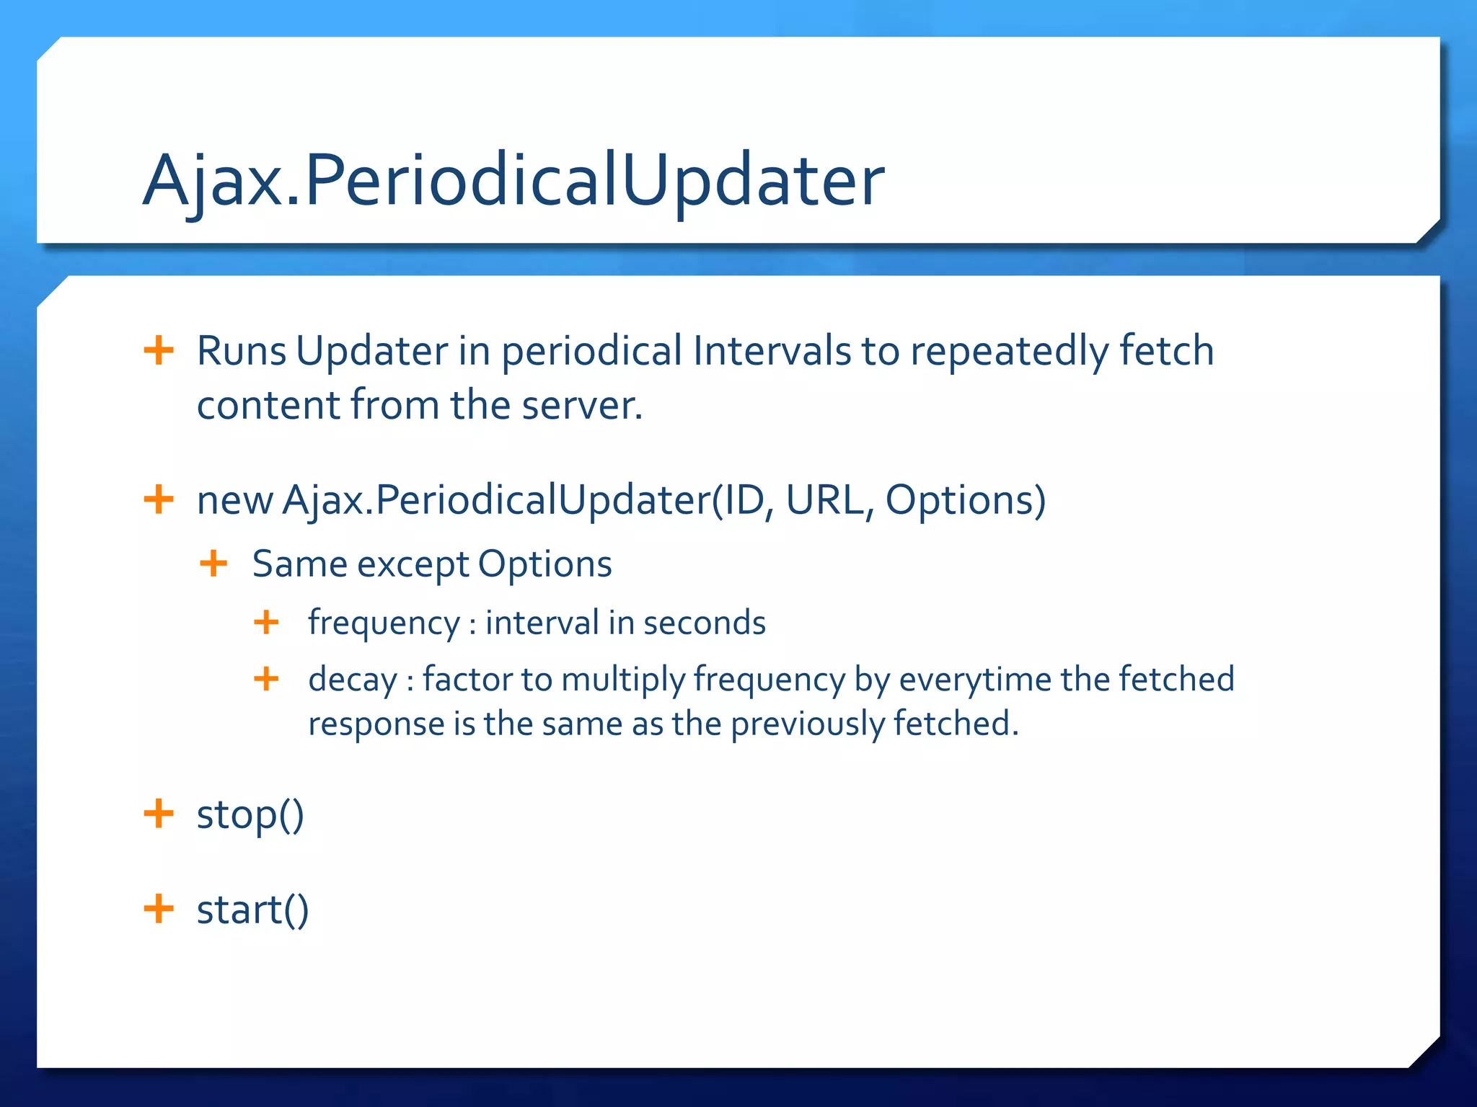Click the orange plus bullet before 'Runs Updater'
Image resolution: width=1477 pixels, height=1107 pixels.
159,351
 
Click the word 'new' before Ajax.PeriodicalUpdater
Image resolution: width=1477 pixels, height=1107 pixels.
234,500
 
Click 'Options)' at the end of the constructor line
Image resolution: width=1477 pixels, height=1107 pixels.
965,500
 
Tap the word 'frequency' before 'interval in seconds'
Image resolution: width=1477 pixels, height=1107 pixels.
384,623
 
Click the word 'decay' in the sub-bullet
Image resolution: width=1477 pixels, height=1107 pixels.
353,680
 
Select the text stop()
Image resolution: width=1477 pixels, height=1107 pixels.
250,815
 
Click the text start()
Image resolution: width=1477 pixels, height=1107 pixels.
252,910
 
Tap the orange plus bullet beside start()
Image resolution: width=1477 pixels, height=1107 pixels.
159,909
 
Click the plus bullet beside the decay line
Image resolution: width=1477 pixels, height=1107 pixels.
266,679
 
